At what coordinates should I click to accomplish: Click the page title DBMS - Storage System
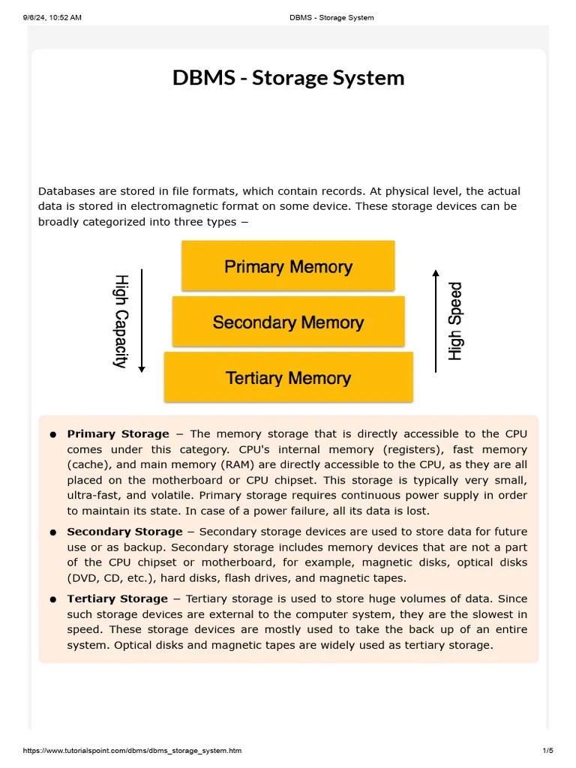(x=288, y=78)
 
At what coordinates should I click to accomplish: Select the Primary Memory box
(x=288, y=266)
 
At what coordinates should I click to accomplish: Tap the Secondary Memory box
(x=288, y=322)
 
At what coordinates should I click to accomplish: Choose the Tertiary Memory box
(x=288, y=378)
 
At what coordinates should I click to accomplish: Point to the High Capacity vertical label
(x=120, y=321)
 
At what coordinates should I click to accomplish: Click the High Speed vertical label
(x=455, y=321)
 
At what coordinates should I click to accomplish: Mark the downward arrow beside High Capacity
(x=142, y=321)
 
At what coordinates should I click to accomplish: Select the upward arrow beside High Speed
(x=436, y=321)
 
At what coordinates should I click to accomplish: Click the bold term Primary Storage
(x=118, y=433)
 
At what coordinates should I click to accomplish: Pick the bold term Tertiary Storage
(x=117, y=598)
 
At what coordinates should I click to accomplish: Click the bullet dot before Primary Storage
(x=53, y=435)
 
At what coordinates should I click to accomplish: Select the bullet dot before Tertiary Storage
(x=53, y=600)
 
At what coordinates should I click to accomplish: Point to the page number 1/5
(x=547, y=750)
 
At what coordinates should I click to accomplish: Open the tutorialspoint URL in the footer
(x=132, y=750)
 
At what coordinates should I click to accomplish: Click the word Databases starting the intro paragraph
(x=67, y=191)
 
